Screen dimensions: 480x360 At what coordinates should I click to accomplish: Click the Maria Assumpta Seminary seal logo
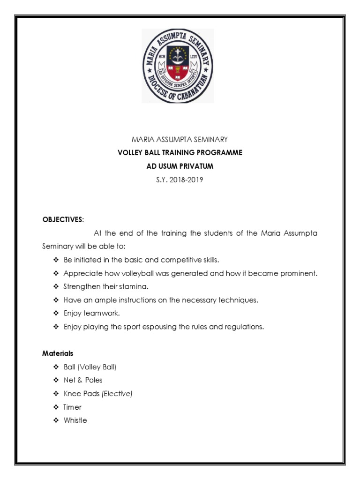[178, 66]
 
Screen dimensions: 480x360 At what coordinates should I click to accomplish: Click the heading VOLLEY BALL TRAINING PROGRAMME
[180, 153]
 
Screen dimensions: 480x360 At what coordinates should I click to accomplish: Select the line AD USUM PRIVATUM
[180, 166]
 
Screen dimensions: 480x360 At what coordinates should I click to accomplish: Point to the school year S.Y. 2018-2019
[180, 179]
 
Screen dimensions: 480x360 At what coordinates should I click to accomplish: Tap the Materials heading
[58, 353]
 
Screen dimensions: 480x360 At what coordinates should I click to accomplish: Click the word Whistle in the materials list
[75, 420]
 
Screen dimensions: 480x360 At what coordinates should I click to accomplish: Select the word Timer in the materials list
[73, 407]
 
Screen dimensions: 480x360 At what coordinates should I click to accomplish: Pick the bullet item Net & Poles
[83, 380]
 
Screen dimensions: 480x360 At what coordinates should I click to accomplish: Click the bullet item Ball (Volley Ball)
[90, 367]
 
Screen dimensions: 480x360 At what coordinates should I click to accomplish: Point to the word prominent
[297, 273]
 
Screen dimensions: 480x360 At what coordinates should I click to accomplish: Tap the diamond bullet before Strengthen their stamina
[56, 286]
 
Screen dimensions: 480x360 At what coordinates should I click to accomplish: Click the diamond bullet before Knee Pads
[56, 394]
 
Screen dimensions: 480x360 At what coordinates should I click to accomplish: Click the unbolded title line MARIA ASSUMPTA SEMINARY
[180, 139]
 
